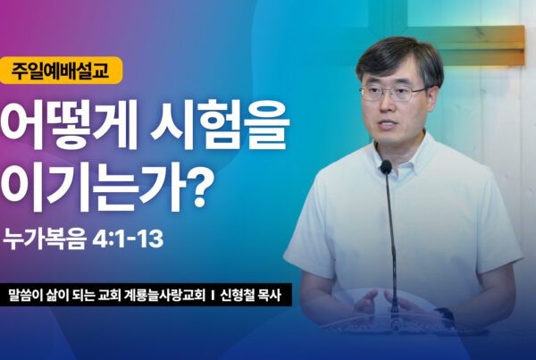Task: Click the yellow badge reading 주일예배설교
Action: point(61,70)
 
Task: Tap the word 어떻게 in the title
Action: point(69,124)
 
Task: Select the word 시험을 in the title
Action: point(220,124)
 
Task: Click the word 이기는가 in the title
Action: point(93,187)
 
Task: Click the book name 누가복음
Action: point(45,239)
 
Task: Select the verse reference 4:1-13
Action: point(128,239)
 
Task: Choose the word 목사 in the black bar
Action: point(270,296)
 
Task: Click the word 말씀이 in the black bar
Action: point(24,296)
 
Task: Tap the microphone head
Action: point(386,167)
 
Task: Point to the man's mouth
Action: point(387,123)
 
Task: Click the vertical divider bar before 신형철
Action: point(213,296)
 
